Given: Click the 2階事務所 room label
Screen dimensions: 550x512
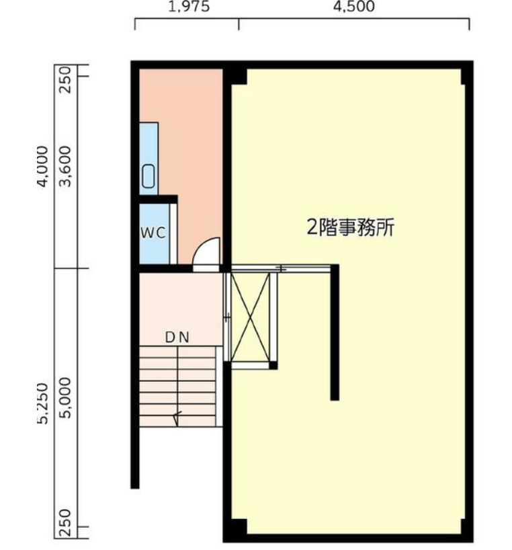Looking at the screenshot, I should pos(350,228).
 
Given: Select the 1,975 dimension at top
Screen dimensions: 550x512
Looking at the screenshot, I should pos(187,7).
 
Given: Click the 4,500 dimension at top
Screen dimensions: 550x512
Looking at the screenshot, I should pos(354,7).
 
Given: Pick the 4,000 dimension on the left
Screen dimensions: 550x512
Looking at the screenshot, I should pos(43,167).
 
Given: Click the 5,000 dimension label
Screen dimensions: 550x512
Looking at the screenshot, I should pos(66,402).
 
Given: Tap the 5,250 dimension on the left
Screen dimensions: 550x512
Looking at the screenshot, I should pos(43,403).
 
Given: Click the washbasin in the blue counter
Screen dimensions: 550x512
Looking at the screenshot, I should pos(148,176).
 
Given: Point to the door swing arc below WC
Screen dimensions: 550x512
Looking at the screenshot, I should pos(206,254).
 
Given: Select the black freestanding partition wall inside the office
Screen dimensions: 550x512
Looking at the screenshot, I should pos(335,333).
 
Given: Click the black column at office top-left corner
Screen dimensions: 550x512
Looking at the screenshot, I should pos(239,75).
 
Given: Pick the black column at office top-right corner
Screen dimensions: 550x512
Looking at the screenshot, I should pos(464,75).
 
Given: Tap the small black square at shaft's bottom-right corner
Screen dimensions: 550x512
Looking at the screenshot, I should pos(273,365).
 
